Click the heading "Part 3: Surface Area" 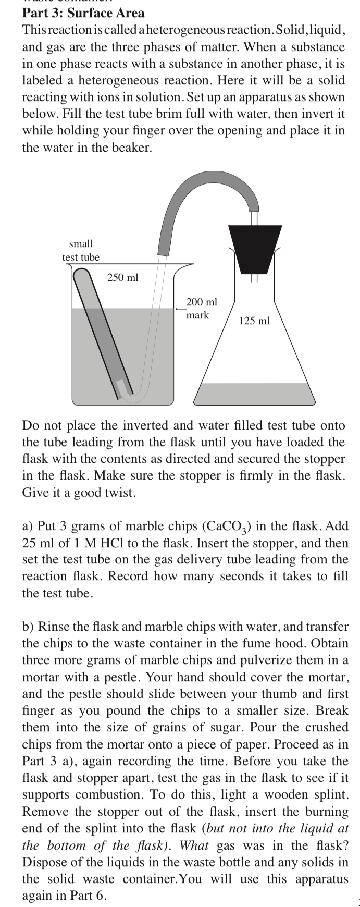(83, 13)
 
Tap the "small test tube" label (81, 250)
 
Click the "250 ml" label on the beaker (123, 278)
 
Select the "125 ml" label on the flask (254, 321)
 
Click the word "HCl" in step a (110, 543)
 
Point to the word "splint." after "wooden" (331, 795)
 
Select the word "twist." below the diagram (121, 493)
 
